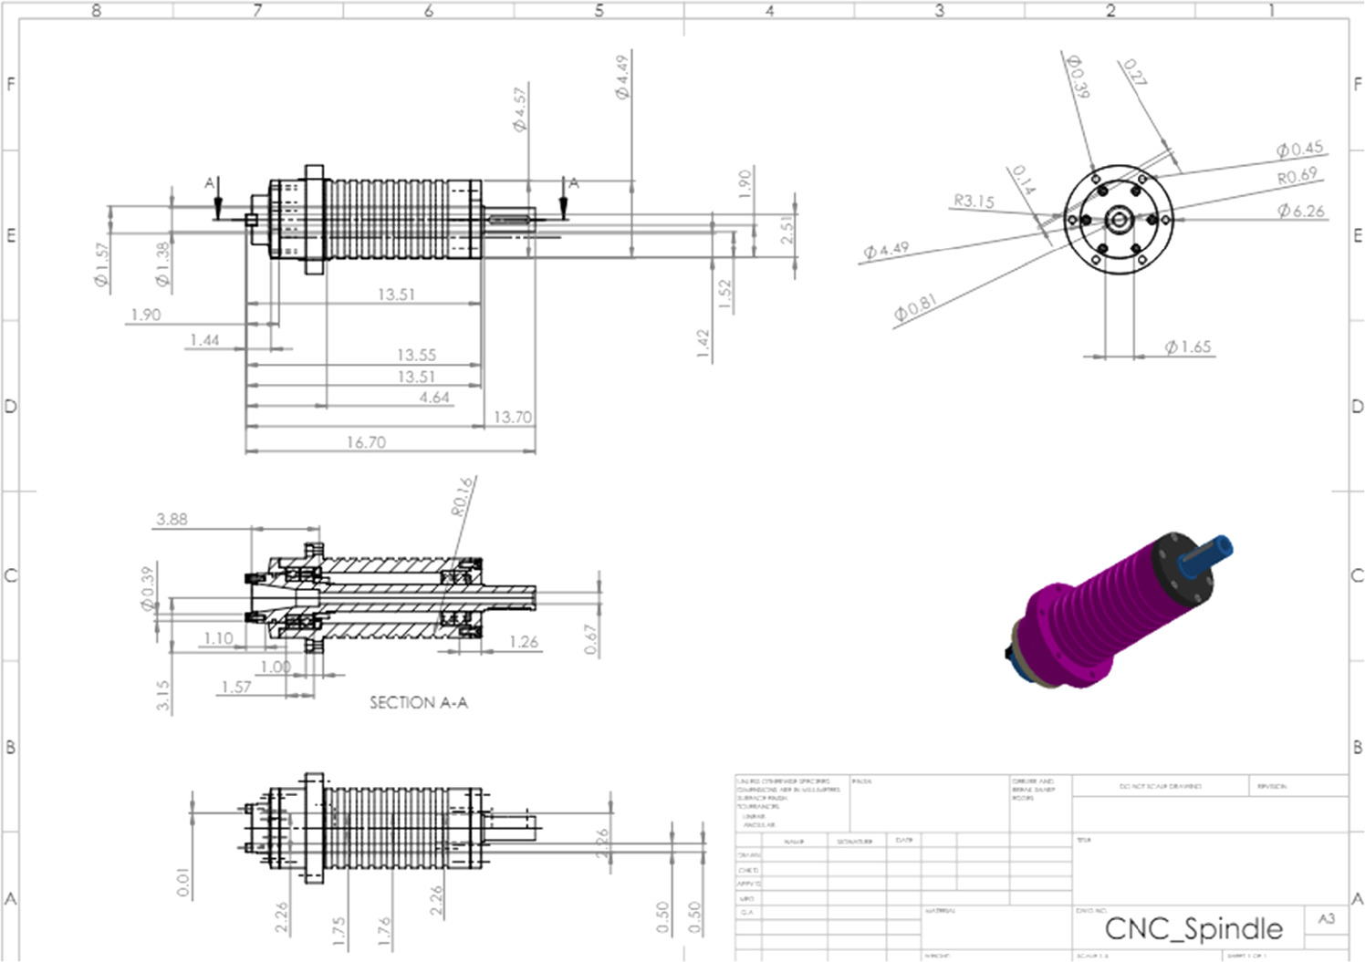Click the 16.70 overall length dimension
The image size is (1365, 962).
click(366, 442)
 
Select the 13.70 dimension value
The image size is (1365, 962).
click(512, 417)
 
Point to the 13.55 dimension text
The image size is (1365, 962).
click(416, 355)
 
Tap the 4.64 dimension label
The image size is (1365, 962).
click(434, 398)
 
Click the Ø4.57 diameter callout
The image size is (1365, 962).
click(519, 109)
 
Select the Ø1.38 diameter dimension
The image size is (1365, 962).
click(162, 264)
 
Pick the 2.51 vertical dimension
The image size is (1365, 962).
click(787, 228)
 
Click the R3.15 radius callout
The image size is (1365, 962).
click(974, 201)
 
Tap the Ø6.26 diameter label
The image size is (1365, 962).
click(1300, 211)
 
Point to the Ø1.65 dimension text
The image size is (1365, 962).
click(1187, 347)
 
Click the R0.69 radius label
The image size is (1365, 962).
click(1297, 176)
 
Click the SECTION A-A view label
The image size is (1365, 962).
click(418, 702)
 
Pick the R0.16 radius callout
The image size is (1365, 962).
click(463, 496)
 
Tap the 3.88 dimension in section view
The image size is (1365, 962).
click(172, 519)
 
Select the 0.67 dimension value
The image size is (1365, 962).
click(591, 638)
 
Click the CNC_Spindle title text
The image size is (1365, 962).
click(1193, 928)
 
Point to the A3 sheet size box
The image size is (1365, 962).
click(1326, 918)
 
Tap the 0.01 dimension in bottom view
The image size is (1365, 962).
click(183, 882)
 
